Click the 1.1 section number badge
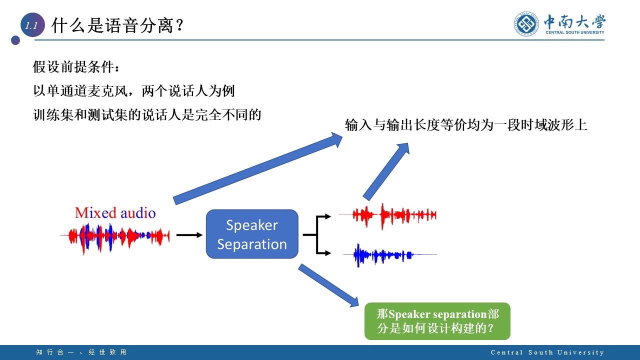coord(32,26)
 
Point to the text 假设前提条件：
coord(76,66)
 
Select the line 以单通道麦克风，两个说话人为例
coord(134,91)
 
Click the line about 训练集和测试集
coord(147,115)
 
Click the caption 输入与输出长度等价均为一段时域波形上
coord(465,125)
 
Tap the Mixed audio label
coord(115,213)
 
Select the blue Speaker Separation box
coord(252,234)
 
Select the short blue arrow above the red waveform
coord(386,171)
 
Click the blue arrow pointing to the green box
coord(329,285)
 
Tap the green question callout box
coord(437,321)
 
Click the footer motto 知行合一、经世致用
coord(81,352)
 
